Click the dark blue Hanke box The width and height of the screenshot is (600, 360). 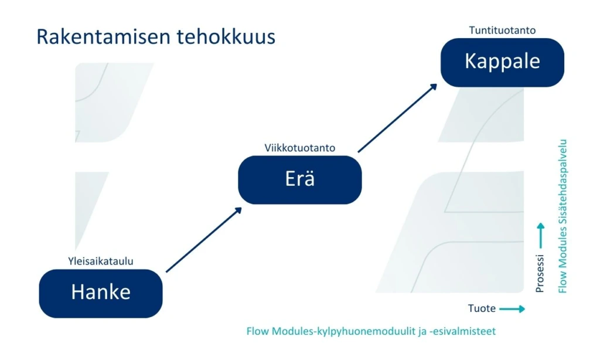click(x=101, y=293)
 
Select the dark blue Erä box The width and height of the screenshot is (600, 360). click(x=299, y=179)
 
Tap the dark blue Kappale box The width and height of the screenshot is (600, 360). click(x=502, y=62)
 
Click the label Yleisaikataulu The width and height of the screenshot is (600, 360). click(x=101, y=261)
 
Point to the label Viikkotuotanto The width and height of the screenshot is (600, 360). click(x=299, y=148)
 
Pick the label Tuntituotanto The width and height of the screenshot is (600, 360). click(x=502, y=30)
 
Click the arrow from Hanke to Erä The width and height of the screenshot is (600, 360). click(x=203, y=240)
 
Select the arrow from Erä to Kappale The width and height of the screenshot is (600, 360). click(x=398, y=118)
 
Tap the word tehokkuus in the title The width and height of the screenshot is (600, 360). click(x=226, y=37)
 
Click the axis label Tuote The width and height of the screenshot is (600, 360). click(x=482, y=308)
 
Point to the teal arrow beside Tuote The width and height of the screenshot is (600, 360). click(x=512, y=308)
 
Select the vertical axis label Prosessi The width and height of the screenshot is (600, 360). click(x=540, y=273)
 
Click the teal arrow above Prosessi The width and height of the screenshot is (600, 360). click(x=540, y=236)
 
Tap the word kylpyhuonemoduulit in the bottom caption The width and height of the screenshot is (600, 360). click(x=367, y=331)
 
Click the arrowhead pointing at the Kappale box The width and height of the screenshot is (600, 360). click(x=433, y=87)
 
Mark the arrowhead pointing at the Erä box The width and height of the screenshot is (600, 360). click(x=238, y=210)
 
